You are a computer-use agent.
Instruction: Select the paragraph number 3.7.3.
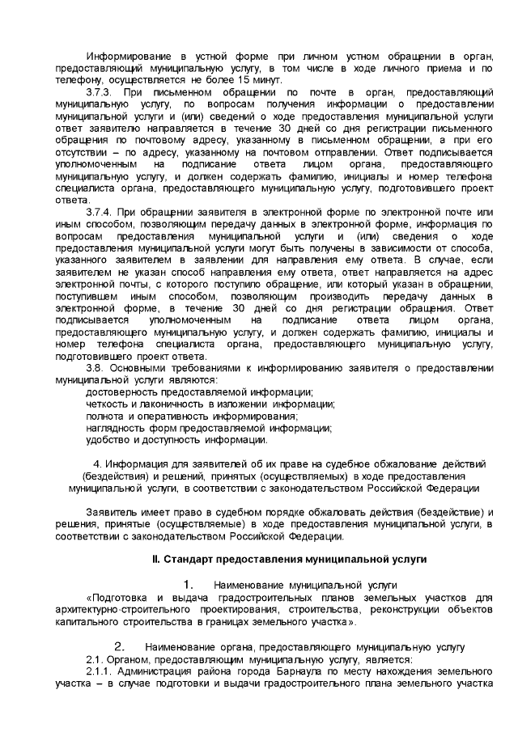[x=100, y=94]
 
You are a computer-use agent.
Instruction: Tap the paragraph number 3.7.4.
[x=100, y=210]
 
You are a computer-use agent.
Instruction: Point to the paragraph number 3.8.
[x=96, y=368]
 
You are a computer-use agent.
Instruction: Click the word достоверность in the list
[x=121, y=391]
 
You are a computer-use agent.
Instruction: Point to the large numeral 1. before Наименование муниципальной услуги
[x=188, y=585]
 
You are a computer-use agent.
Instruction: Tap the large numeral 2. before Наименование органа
[x=118, y=646]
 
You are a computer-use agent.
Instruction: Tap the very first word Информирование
[x=129, y=57]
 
